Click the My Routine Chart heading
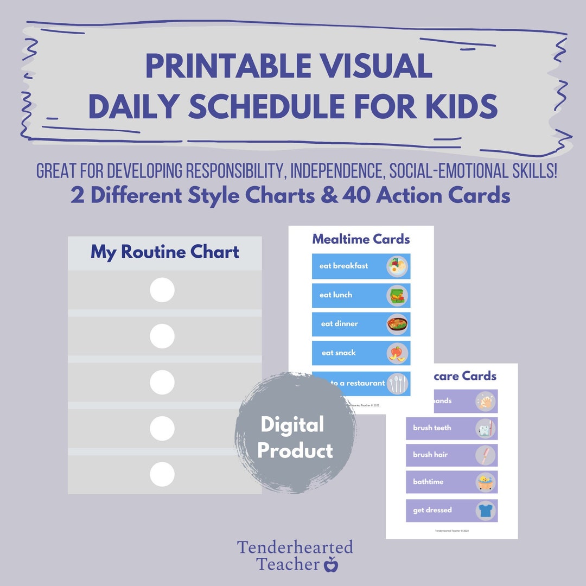coord(165,252)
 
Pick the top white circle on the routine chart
coord(162,290)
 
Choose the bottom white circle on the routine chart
coord(162,474)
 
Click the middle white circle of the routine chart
coord(162,382)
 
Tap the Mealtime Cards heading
coord(361,239)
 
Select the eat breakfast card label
coord(343,266)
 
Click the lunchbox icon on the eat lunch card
coord(397,296)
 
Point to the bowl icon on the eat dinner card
coord(397,324)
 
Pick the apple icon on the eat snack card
coord(397,353)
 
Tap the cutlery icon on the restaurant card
coord(397,383)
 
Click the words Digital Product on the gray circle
coord(295,437)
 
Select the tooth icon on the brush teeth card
coord(485,429)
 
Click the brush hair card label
coord(430,455)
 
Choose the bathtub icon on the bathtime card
coord(485,482)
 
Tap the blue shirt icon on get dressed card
coord(485,511)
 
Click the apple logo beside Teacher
coord(330,565)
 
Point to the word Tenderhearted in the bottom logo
coord(295,547)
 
